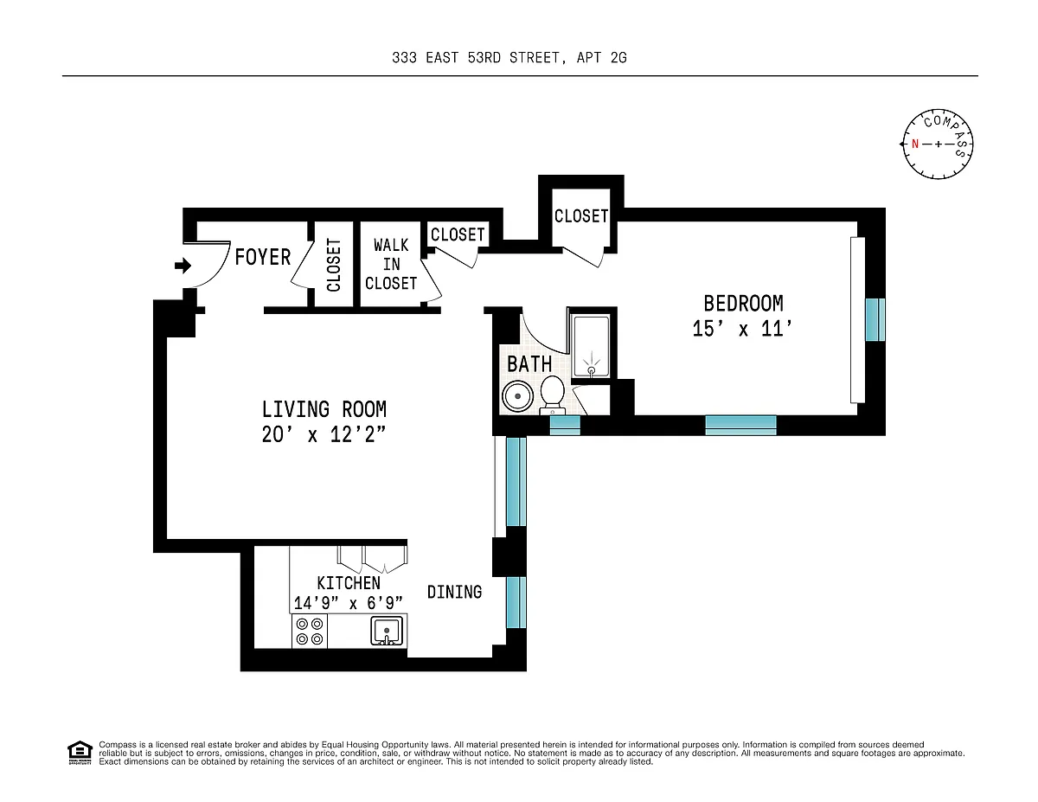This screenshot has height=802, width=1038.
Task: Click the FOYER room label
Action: (x=263, y=257)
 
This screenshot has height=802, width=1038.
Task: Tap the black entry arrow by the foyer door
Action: (x=183, y=266)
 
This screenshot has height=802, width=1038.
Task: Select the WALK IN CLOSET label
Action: (x=391, y=264)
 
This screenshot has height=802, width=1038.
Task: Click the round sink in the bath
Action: (x=517, y=396)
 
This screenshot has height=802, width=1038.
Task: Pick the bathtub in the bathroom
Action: (x=591, y=346)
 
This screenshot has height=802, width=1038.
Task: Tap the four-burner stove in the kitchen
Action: (x=310, y=632)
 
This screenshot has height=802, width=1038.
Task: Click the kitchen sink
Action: (x=387, y=631)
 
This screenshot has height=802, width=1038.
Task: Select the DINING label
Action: (x=454, y=593)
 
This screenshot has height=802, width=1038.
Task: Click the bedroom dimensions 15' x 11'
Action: (x=742, y=329)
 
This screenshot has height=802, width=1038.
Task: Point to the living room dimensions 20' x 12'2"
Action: (x=324, y=434)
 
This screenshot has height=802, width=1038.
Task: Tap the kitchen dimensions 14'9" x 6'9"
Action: (x=349, y=603)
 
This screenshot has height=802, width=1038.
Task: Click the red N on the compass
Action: (x=915, y=144)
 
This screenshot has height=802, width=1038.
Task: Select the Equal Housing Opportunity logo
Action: (x=80, y=753)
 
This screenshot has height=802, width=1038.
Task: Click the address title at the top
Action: (x=509, y=58)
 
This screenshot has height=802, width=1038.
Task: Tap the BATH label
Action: (x=529, y=364)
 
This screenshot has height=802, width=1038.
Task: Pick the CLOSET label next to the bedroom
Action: (x=581, y=216)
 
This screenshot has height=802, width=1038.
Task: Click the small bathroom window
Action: (x=565, y=425)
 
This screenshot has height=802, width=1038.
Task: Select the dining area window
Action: (x=516, y=602)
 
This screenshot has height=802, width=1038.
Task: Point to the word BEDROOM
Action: (x=743, y=304)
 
